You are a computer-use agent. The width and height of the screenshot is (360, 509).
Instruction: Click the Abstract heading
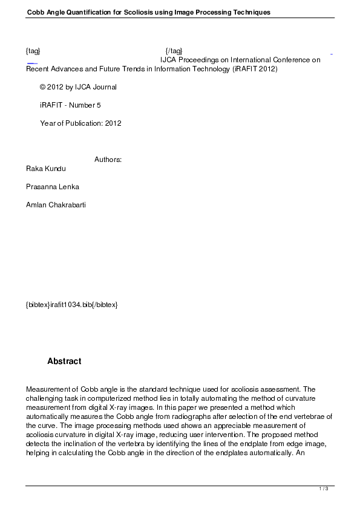coord(64,361)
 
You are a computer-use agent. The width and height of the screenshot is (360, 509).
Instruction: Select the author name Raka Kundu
coord(45,168)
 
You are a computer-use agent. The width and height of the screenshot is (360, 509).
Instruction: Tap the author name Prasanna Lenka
coord(53,186)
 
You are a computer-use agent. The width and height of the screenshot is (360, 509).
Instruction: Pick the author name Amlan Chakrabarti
coord(56,204)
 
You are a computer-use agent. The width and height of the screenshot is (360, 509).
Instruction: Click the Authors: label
coord(108,160)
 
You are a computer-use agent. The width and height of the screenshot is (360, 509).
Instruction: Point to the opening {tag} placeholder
coord(33,50)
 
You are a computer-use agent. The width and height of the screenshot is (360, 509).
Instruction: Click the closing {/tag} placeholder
coord(174,50)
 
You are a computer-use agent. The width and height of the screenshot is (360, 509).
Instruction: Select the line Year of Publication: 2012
coord(80,123)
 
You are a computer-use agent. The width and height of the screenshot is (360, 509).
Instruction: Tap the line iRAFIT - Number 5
coord(70,105)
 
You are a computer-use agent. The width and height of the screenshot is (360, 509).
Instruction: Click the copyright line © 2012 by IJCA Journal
coord(78,87)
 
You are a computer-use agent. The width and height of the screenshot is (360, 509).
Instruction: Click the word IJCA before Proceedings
coord(168,60)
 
